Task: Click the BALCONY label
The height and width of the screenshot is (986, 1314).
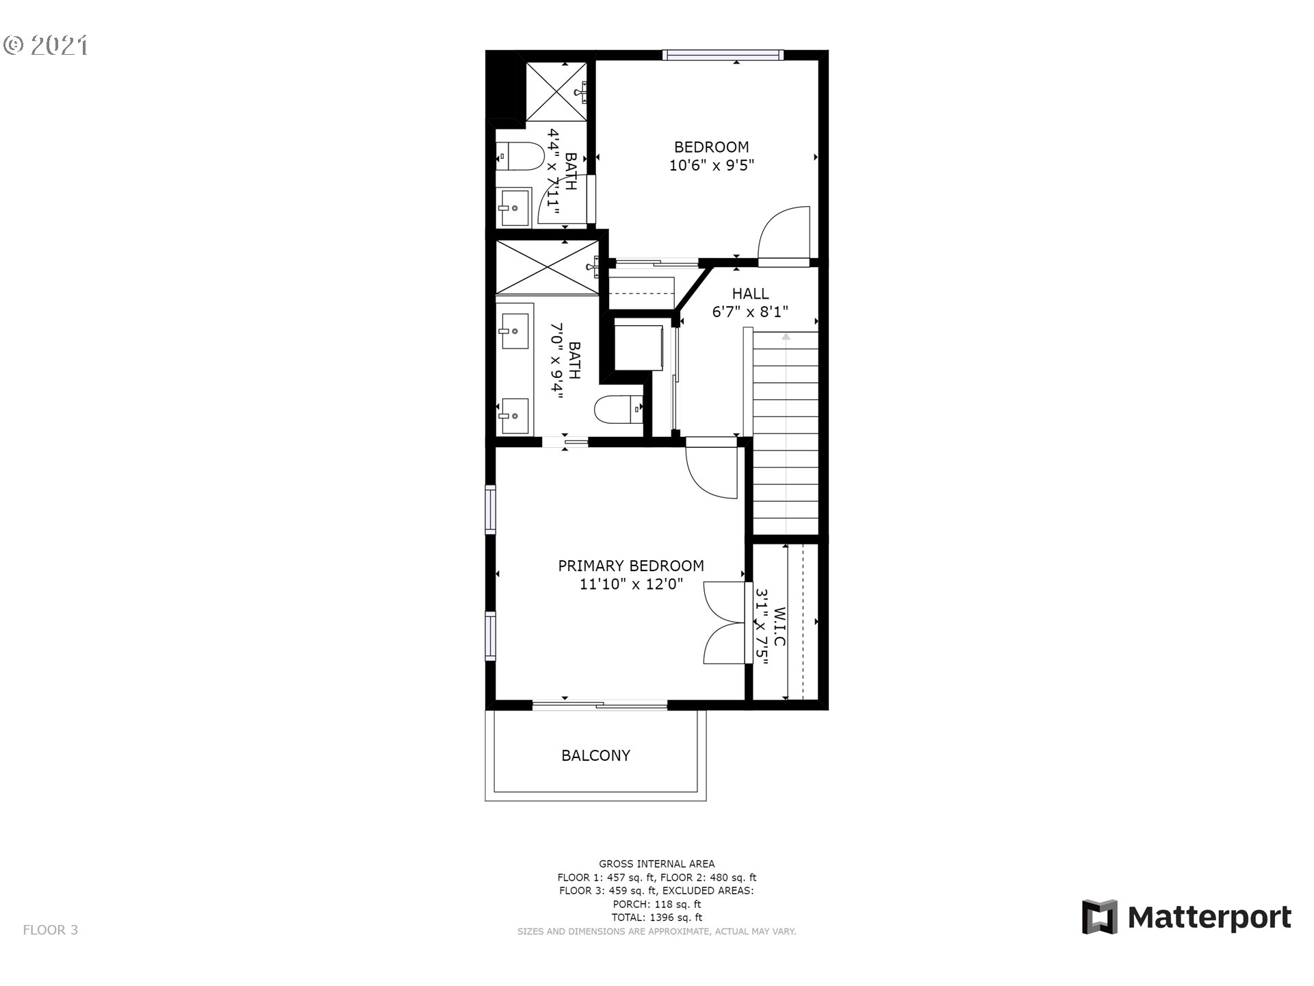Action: coord(595,755)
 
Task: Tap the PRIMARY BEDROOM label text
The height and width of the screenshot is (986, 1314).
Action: coord(631,566)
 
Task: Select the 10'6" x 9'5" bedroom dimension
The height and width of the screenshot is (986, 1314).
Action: coord(712,165)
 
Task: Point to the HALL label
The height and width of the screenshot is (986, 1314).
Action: coord(751,293)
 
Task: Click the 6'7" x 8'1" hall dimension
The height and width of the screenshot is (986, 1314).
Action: coord(751,312)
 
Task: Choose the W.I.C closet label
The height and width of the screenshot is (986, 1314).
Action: coord(780,627)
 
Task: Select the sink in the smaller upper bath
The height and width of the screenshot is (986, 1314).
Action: coord(514,207)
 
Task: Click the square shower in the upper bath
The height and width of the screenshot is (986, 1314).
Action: coord(556,91)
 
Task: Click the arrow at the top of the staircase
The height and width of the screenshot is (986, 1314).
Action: coord(786,336)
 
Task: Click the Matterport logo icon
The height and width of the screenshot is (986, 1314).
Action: coord(1100,916)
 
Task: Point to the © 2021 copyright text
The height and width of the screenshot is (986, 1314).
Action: coord(46,45)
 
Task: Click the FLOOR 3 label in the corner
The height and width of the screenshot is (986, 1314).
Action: coord(51,930)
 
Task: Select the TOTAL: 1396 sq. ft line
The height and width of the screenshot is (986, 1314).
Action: coord(657,918)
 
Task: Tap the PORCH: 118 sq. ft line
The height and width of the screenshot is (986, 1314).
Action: coord(657,905)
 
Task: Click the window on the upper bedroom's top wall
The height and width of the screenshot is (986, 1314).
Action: coord(723,55)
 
